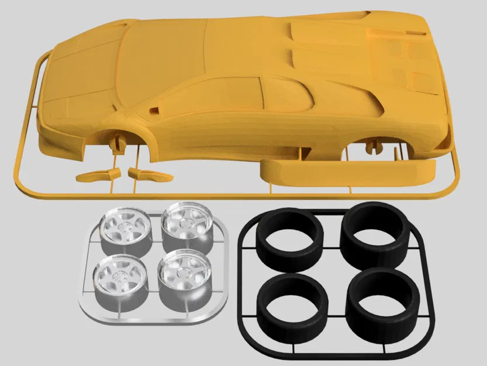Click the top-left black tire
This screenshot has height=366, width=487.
click(290, 238)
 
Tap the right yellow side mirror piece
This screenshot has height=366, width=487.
click(149, 174)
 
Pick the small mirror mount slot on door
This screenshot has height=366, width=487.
click(155, 110)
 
